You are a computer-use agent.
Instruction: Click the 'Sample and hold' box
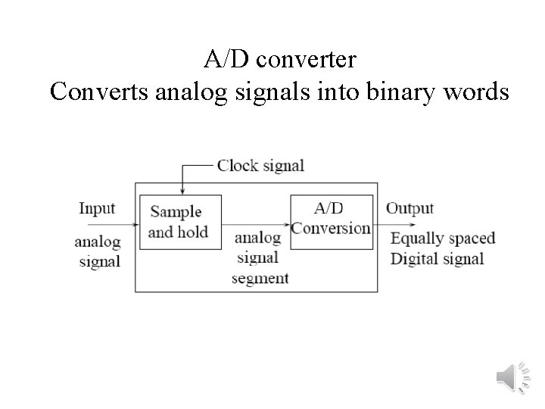(180, 222)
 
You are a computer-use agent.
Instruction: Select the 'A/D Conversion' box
(332, 222)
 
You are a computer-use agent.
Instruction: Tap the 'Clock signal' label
(260, 166)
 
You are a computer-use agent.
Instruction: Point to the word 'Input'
(97, 208)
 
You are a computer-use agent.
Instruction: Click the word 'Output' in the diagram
(410, 208)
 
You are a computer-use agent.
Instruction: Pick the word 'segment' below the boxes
(260, 278)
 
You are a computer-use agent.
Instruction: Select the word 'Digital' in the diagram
(414, 258)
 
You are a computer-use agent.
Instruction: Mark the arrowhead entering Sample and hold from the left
(135, 224)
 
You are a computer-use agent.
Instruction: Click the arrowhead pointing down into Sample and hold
(182, 192)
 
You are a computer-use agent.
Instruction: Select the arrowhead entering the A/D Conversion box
(288, 224)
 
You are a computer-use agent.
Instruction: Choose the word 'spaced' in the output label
(471, 239)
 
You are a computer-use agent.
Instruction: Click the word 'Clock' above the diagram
(238, 166)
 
